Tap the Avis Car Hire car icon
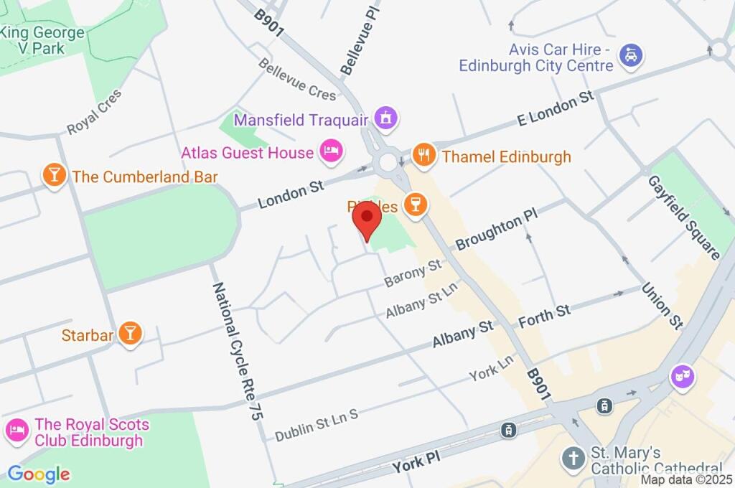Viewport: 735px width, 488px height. click(631, 55)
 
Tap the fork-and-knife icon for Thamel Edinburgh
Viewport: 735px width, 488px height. click(424, 155)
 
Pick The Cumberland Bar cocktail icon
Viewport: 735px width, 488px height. click(54, 174)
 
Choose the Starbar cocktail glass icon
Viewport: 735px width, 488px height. click(129, 332)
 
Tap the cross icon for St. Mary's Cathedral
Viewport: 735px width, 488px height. click(573, 458)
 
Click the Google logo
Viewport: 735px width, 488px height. click(39, 474)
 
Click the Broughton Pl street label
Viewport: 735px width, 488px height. click(496, 231)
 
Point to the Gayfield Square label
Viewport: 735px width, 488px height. click(684, 217)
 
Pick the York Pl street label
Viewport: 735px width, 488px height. click(416, 464)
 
